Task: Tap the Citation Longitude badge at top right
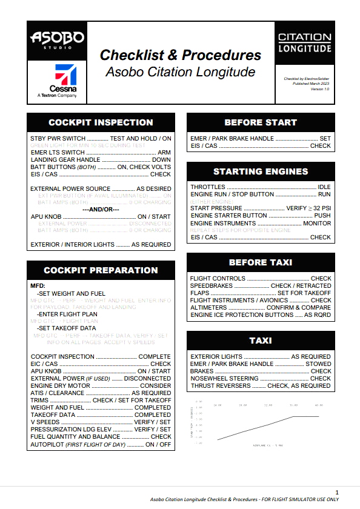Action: click(304, 42)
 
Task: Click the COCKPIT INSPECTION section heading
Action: click(101, 123)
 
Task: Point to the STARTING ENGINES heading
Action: click(261, 171)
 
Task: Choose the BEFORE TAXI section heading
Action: click(261, 262)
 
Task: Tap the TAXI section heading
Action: click(261, 341)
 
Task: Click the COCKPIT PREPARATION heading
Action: click(101, 270)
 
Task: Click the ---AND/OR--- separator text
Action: click(101, 210)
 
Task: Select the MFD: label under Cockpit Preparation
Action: click(38, 285)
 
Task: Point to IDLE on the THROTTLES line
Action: click(324, 187)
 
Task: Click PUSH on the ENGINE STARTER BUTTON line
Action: click(322, 216)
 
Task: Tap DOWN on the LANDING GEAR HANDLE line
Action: click(161, 160)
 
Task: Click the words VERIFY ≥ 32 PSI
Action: click(308, 208)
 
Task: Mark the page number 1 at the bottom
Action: click(337, 491)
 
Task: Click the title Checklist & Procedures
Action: click(181, 55)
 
